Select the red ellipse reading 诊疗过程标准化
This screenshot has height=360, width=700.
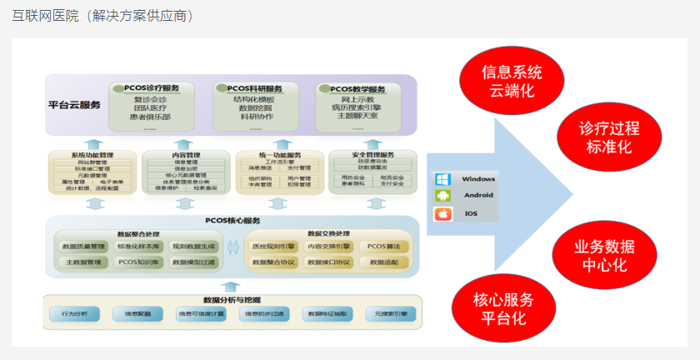click(609, 137)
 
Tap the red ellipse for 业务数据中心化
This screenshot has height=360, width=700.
click(604, 255)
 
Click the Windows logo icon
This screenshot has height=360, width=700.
click(442, 179)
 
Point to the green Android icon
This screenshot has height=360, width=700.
click(442, 197)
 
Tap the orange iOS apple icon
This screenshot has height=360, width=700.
click(442, 214)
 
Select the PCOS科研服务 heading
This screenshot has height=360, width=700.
click(255, 88)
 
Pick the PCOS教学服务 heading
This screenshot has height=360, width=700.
click(357, 89)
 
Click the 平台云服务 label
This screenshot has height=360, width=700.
click(74, 105)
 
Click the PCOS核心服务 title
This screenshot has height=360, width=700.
click(232, 221)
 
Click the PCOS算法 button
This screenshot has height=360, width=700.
click(383, 247)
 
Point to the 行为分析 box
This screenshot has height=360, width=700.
click(74, 314)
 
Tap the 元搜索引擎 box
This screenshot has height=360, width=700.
click(391, 314)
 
